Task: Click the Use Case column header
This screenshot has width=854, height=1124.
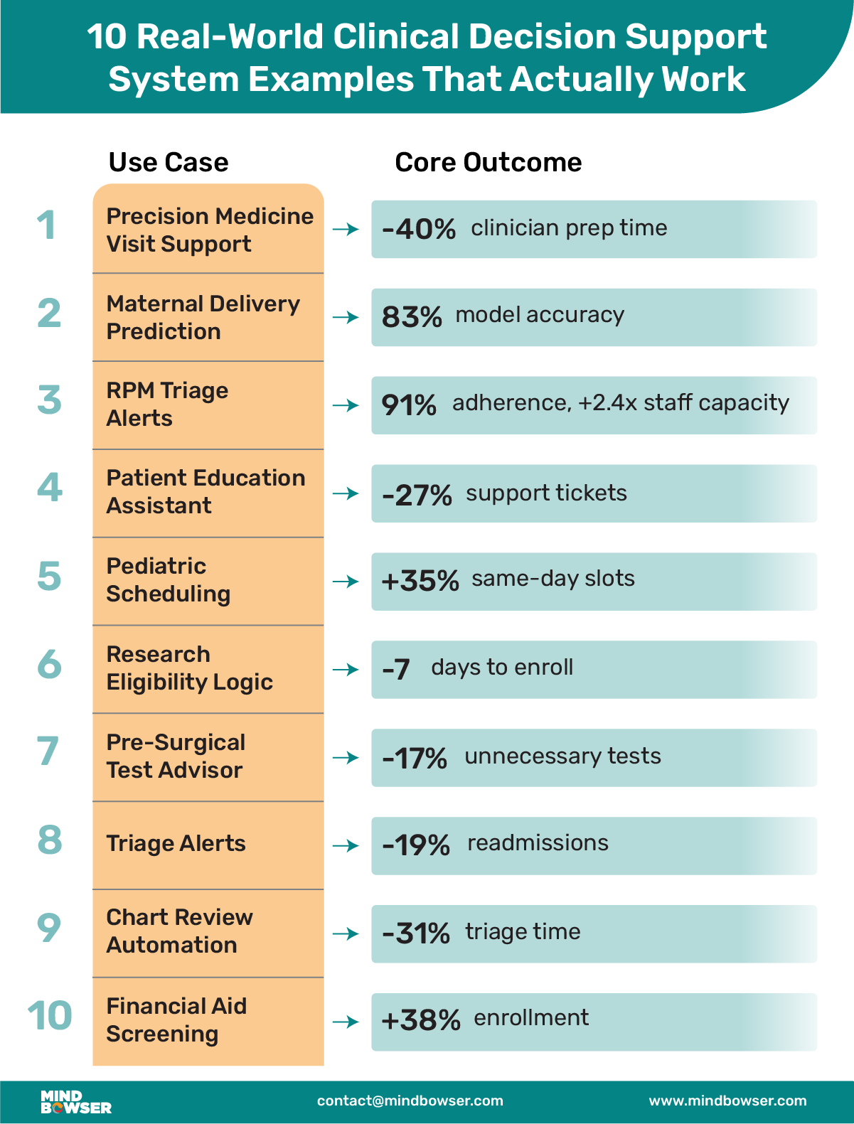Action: coord(169,163)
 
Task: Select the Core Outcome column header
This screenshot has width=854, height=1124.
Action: coord(488,163)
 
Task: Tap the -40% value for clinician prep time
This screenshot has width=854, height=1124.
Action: coord(418,229)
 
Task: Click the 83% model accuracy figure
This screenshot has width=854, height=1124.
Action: coord(412,316)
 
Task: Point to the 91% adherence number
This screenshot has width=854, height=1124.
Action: coord(409,405)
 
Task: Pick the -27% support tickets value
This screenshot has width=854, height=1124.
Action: coord(417,495)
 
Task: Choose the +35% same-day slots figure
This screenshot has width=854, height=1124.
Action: coord(420,582)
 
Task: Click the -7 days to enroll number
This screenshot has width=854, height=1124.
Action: coord(396,670)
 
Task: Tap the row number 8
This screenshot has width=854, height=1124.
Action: coord(50,840)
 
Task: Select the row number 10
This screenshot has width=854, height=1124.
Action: coord(50,1016)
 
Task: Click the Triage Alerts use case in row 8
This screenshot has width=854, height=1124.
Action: coord(176,844)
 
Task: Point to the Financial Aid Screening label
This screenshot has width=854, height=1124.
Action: coord(176,1020)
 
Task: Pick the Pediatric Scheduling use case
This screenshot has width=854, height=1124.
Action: coord(169,580)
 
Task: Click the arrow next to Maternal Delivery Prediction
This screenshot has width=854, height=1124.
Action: coord(346,317)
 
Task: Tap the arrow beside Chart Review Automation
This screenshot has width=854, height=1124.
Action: coord(346,933)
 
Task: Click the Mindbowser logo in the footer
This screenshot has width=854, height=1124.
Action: coord(75,1102)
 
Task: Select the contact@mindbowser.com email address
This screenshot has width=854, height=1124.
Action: coord(410,1101)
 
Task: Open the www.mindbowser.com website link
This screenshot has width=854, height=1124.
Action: coord(727,1101)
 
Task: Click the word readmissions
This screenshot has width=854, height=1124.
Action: coord(538,843)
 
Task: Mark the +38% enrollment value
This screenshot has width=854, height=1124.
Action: coord(421,1021)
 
